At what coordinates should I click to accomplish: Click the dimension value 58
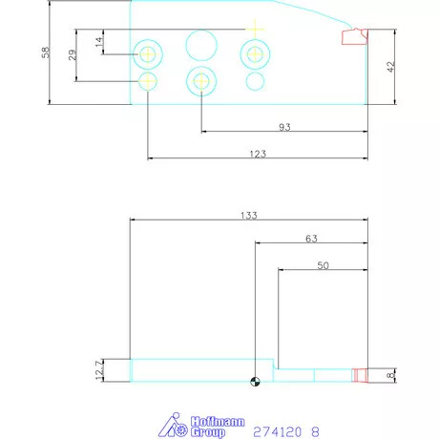coord(46,52)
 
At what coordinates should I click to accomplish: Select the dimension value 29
coord(73,55)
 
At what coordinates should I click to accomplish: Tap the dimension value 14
coord(98,41)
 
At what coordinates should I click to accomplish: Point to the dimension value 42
coord(390,67)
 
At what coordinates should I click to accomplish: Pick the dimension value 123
coord(256,153)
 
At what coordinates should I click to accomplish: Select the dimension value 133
coord(249,215)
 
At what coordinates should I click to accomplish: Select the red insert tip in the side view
coord(360,375)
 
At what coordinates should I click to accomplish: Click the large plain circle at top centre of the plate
coord(200,44)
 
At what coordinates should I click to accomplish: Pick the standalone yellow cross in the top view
coord(255,28)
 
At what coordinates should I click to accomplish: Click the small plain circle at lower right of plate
coord(255,81)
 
